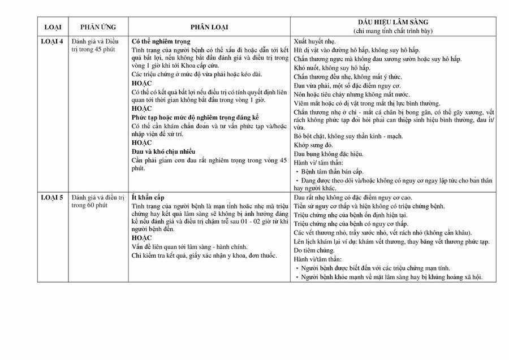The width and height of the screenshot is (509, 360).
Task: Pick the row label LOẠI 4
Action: click(53, 41)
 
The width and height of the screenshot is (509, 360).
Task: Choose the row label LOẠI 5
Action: click(53, 197)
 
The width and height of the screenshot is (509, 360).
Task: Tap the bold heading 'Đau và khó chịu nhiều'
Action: click(163, 151)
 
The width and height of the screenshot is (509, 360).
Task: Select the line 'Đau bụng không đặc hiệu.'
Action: click(329, 154)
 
